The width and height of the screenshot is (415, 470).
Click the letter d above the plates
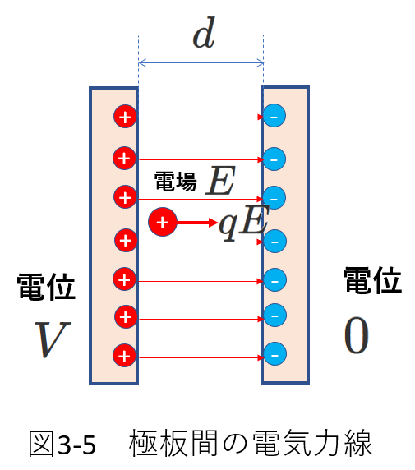pos(204,33)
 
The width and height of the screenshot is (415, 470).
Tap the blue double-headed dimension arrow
pos(201,63)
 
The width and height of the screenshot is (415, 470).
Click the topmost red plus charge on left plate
pos(125,117)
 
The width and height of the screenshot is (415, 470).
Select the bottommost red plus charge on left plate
pos(124,356)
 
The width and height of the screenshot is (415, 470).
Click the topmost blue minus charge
pos(274,116)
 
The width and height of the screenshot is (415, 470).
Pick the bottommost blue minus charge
pos(274,354)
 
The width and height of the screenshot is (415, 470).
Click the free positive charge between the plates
pos(163,222)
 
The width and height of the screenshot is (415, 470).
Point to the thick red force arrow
pos(197,223)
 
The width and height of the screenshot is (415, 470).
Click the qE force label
pos(244,223)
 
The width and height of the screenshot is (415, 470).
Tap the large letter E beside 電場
pos(221,180)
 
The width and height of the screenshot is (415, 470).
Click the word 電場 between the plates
pos(175,182)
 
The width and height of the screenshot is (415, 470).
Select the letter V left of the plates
pos(53,339)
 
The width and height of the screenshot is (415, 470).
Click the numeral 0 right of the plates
pos(356,336)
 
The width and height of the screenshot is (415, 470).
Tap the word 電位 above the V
pos(46,287)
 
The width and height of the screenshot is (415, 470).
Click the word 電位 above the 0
pos(373,280)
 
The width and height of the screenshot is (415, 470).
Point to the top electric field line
pos(201,117)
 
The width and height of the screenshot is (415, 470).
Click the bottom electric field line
pos(201,357)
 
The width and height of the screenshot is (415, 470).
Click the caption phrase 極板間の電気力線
pos(251,444)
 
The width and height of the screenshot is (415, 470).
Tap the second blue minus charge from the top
pos(274,159)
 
